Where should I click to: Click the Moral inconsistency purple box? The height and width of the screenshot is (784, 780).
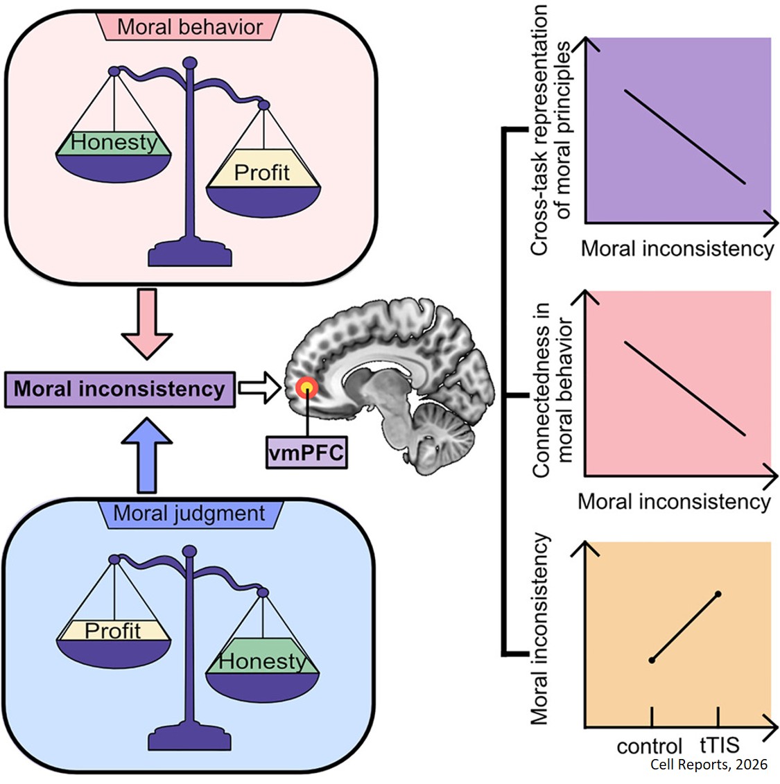click(119, 389)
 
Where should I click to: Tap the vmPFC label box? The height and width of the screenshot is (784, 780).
click(306, 454)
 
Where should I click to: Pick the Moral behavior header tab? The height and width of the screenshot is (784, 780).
click(190, 27)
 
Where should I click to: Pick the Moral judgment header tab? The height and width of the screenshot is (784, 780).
click(189, 514)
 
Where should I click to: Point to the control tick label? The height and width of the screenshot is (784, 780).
click(650, 747)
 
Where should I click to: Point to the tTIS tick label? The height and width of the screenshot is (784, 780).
click(719, 745)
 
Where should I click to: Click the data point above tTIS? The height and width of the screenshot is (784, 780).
click(718, 593)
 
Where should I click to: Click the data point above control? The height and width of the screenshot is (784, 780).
click(651, 660)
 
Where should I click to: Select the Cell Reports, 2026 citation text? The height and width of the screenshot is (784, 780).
click(709, 765)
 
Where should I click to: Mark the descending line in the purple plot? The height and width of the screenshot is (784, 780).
click(685, 137)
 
